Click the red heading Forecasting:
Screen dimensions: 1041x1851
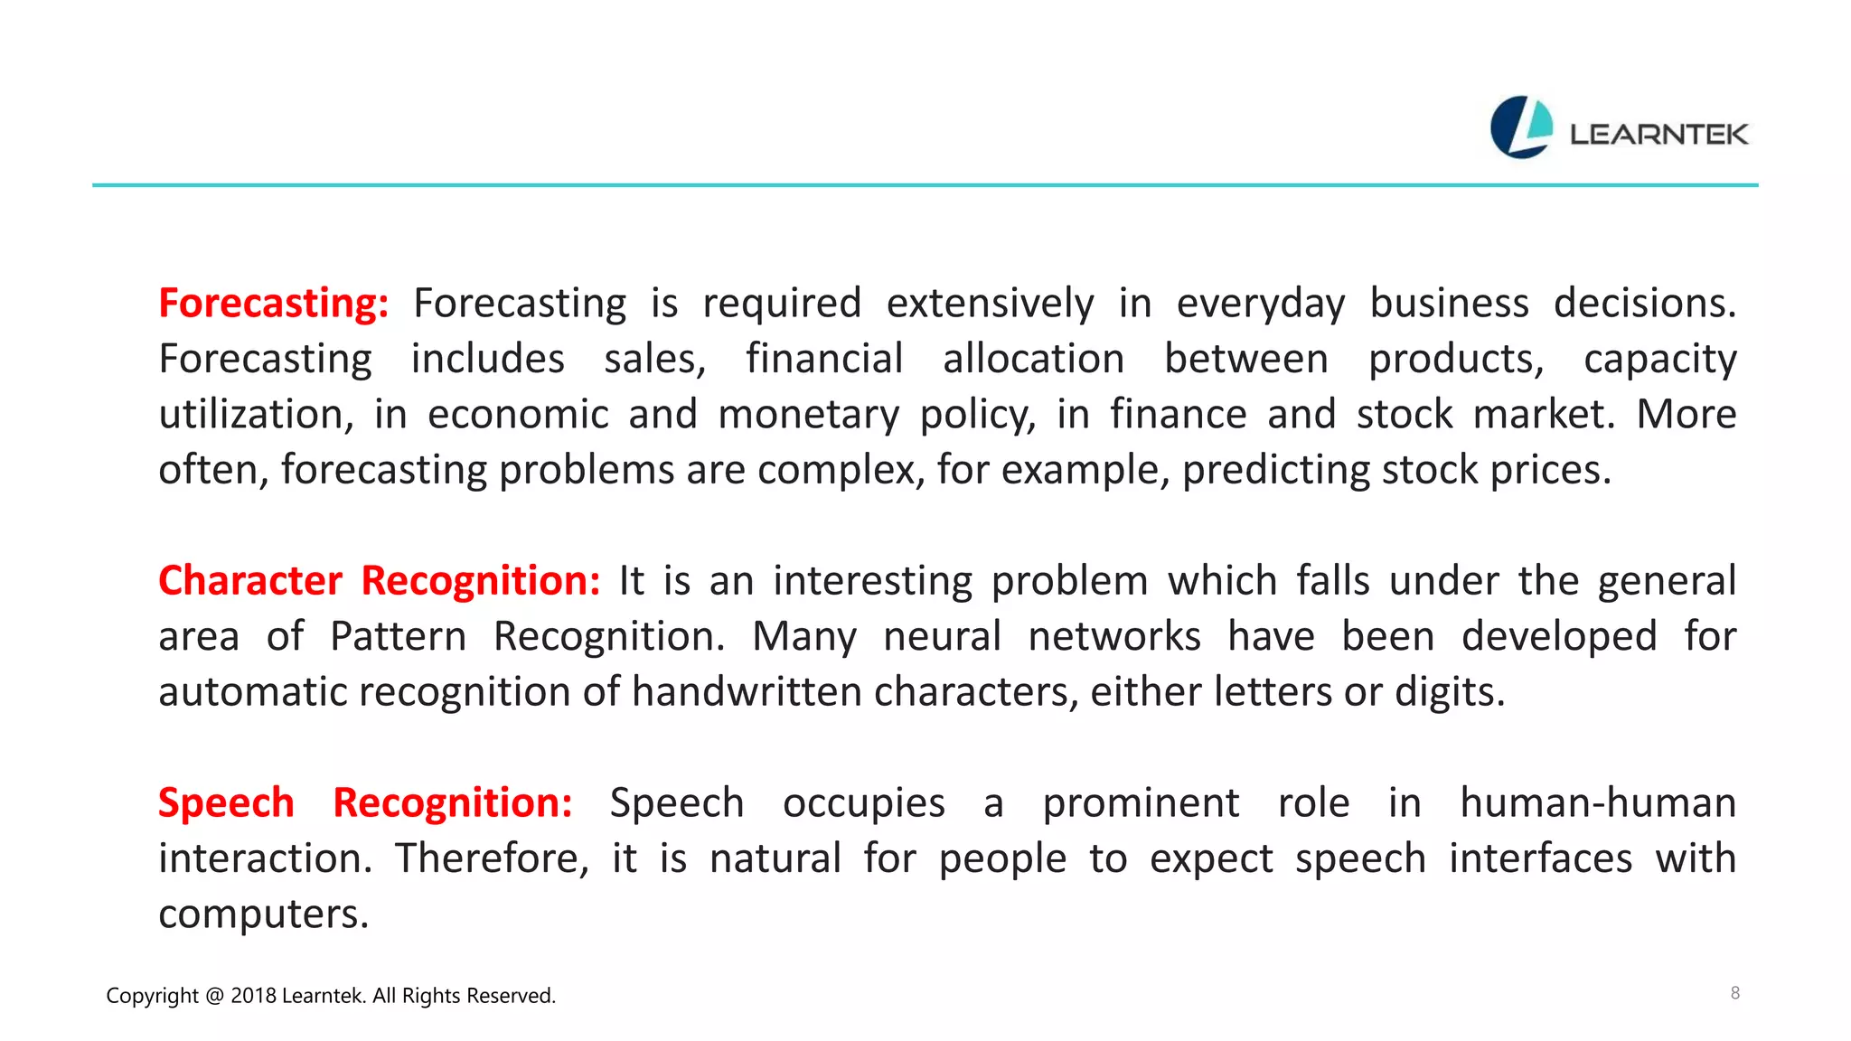(273, 304)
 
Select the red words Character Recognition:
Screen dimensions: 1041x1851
(379, 581)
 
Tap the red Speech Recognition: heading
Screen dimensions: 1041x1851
(365, 803)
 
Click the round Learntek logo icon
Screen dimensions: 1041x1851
(1521, 127)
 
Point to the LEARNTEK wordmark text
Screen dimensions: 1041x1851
(1658, 135)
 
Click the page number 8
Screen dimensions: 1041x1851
(1734, 993)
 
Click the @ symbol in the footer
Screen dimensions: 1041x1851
(214, 996)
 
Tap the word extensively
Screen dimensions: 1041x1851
(990, 304)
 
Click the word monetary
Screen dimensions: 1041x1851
(809, 415)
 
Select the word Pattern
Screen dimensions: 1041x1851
(398, 637)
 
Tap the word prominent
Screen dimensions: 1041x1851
(1141, 803)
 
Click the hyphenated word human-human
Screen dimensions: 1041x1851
(1597, 803)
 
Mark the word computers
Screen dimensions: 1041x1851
(263, 914)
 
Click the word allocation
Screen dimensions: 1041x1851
(1033, 360)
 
